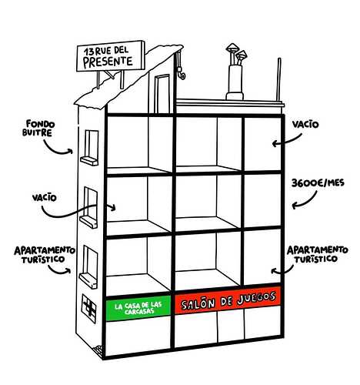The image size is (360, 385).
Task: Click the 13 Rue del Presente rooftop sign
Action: pos(111,56)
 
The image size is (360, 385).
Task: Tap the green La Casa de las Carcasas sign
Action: pos(138,308)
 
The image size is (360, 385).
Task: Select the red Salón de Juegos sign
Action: pos(228,300)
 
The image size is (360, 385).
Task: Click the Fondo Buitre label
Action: pos(38,128)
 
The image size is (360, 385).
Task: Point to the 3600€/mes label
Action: pos(318,183)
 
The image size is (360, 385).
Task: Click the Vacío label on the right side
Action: pos(305,125)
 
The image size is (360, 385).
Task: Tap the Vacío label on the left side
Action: pos(45,198)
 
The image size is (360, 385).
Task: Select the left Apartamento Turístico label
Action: pos(45,254)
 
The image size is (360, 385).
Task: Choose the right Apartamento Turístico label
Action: pos(317,254)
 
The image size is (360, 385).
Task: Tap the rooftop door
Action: pos(162,94)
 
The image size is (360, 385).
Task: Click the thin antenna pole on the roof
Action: pos(279,80)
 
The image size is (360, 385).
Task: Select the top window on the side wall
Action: pos(90,148)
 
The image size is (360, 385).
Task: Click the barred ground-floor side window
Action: pos(89,308)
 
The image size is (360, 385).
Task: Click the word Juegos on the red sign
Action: pos(256,298)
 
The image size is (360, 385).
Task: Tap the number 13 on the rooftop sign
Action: pos(89,52)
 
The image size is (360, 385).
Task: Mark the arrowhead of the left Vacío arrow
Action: pos(113,207)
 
